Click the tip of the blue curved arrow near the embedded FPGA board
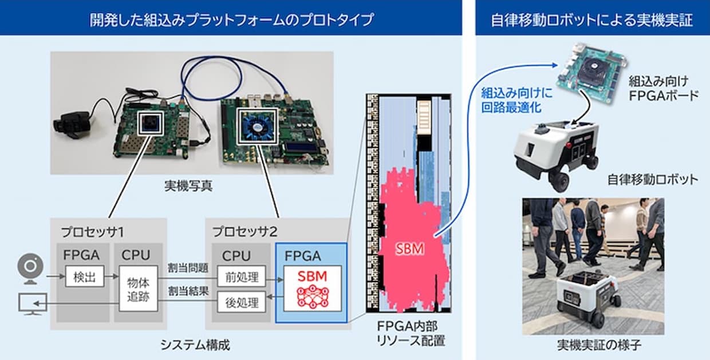558,65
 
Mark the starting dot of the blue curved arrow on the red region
436,235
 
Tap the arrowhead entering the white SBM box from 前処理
283,280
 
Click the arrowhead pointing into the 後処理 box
267,297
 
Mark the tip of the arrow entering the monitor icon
34,303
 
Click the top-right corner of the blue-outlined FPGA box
347,243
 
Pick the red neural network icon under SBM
312,296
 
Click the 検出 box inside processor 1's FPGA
85,276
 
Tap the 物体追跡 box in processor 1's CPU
138,288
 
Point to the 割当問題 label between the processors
188,268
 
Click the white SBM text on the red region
409,249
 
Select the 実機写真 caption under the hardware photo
188,186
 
